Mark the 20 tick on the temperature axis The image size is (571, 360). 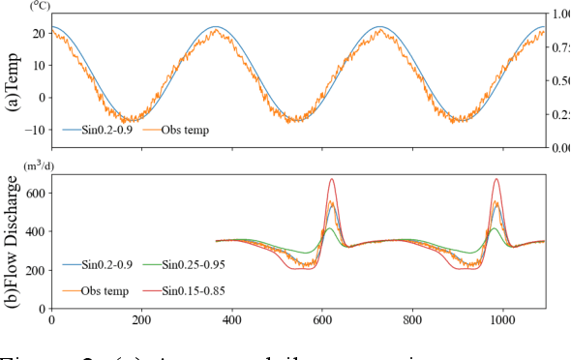[x=36, y=33]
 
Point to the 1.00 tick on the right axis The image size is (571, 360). [x=560, y=15]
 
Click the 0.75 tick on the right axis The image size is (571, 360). [x=560, y=47]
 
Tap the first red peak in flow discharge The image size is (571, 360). [x=332, y=179]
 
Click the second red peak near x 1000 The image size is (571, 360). [x=497, y=179]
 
